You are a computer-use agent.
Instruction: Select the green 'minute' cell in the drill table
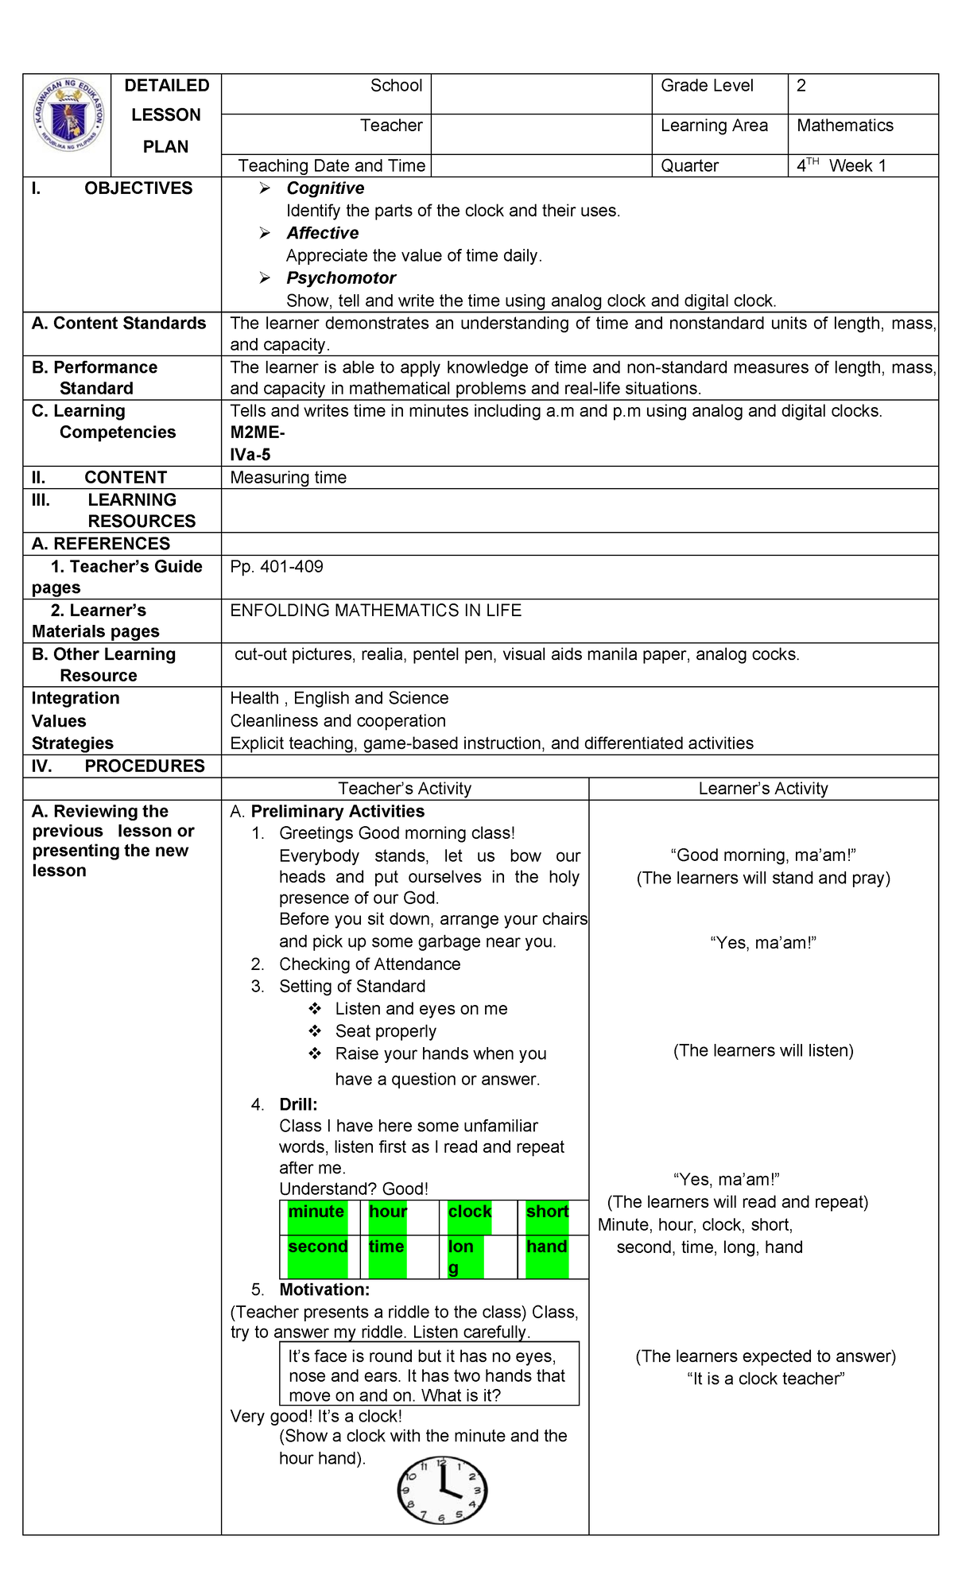coord(316,1213)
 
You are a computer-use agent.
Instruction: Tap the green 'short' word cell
coord(547,1213)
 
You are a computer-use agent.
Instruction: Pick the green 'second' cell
coord(317,1248)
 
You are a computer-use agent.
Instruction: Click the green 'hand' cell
coord(547,1248)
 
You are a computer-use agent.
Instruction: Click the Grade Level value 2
coord(801,86)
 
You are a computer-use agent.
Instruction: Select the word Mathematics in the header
coord(844,126)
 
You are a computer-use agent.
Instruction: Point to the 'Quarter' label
coord(689,166)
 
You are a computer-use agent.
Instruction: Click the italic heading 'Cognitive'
coord(325,188)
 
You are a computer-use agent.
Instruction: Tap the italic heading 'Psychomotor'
coord(341,278)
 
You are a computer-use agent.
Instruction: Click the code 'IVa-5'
coord(250,455)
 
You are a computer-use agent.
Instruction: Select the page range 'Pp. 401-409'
coord(277,567)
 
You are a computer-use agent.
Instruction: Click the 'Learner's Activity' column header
coord(763,789)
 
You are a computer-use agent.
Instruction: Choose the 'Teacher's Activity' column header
coord(405,789)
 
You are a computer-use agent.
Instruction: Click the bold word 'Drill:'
coord(298,1104)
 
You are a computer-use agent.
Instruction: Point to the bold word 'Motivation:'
coord(324,1290)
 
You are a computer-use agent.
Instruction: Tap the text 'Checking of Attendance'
coord(370,964)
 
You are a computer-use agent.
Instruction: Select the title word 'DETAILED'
coord(167,86)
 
